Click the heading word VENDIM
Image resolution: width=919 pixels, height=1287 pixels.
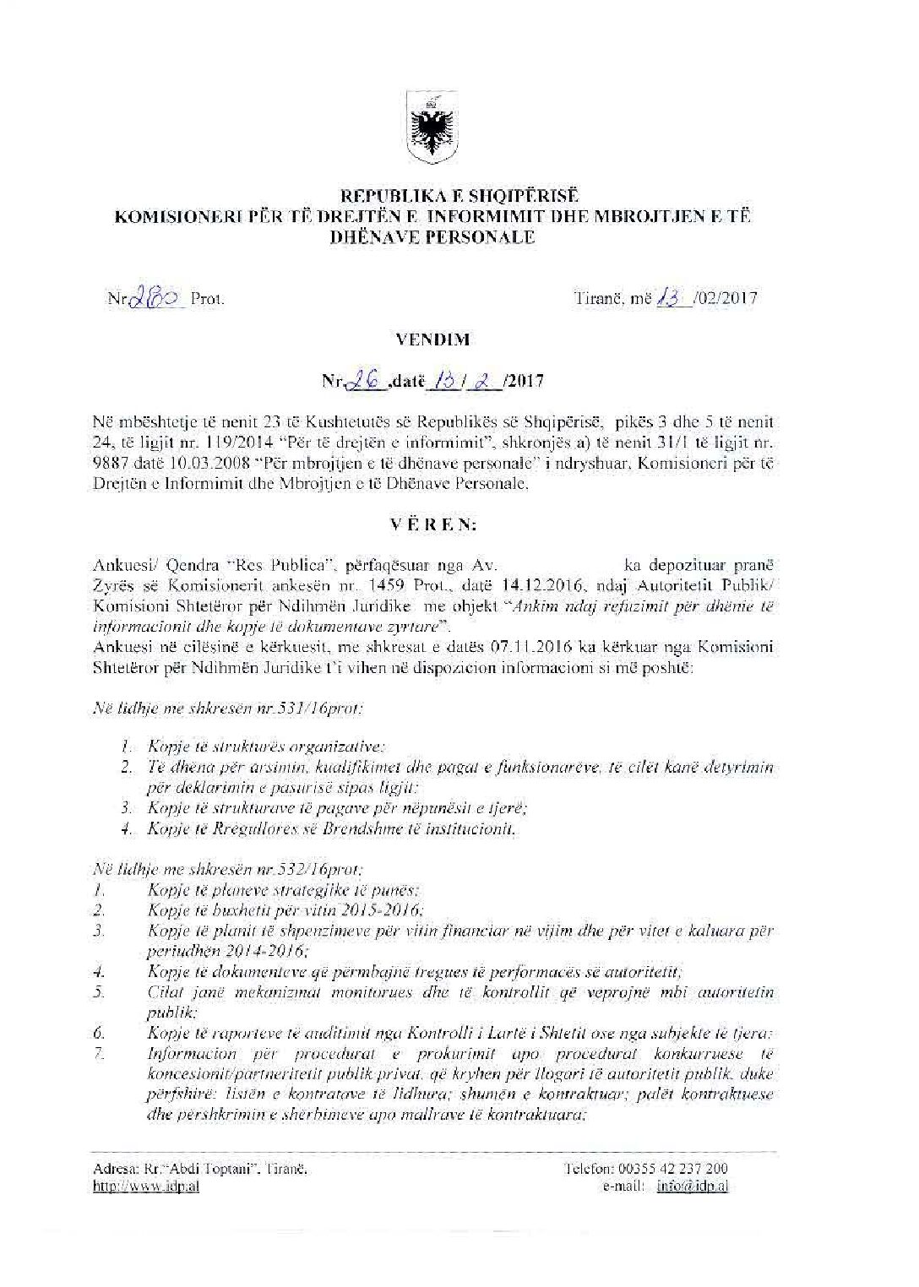pos(432,339)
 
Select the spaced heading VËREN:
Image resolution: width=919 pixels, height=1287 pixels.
pos(433,524)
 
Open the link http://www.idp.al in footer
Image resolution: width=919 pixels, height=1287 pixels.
pos(146,1187)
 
